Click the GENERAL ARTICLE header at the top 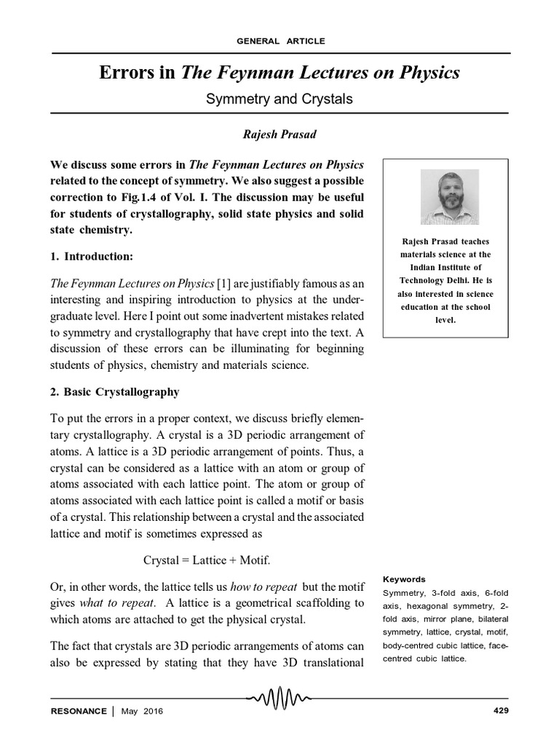point(281,41)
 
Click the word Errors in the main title point(123,73)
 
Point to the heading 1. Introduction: point(98,257)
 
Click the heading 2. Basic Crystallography point(114,391)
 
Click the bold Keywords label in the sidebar point(404,579)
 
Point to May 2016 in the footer point(142,711)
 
